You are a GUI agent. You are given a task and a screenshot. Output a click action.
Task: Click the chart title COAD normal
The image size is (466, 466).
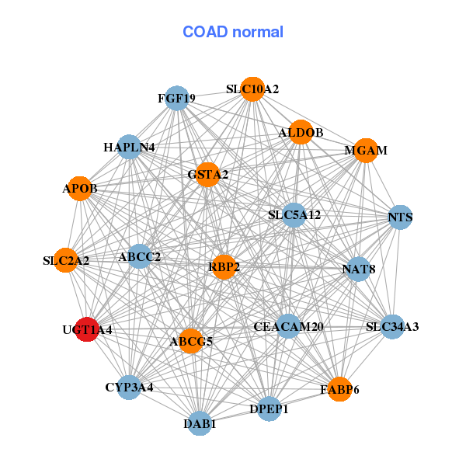tap(233, 32)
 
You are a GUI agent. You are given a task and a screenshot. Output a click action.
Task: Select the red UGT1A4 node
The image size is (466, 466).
tap(86, 329)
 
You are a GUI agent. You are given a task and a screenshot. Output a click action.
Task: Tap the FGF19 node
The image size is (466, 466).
tap(177, 98)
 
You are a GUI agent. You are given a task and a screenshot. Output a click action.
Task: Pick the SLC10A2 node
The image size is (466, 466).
tap(252, 89)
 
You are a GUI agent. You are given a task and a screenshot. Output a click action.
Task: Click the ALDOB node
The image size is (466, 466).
tap(300, 133)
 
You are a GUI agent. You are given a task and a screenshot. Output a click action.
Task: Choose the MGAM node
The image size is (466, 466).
tap(366, 150)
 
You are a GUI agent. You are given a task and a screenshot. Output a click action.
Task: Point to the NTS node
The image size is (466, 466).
tap(400, 217)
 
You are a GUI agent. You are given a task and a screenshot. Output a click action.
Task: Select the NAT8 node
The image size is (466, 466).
tap(358, 270)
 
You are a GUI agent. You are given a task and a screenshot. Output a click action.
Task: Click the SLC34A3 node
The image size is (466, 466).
tap(392, 326)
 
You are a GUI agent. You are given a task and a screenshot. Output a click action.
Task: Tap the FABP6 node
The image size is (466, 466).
tap(339, 389)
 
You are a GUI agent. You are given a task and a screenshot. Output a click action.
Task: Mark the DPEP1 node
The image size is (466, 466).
tap(269, 409)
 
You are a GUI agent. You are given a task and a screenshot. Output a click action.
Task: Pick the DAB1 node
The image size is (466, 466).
tap(200, 423)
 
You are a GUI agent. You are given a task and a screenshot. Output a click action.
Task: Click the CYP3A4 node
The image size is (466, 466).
tap(129, 387)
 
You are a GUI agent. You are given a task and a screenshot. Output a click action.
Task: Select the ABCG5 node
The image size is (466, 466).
tap(191, 340)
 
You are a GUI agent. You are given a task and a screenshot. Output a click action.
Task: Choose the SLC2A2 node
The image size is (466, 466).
tap(66, 260)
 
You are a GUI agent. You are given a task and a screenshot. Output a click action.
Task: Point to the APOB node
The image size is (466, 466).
tap(80, 188)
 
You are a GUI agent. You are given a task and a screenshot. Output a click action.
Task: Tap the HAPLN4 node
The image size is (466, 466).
tap(129, 147)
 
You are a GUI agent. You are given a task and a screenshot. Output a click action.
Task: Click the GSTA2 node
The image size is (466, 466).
tap(207, 175)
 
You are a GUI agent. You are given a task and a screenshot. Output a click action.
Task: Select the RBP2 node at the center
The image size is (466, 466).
tap(224, 267)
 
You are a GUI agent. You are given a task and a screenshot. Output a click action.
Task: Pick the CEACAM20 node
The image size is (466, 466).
tap(288, 326)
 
